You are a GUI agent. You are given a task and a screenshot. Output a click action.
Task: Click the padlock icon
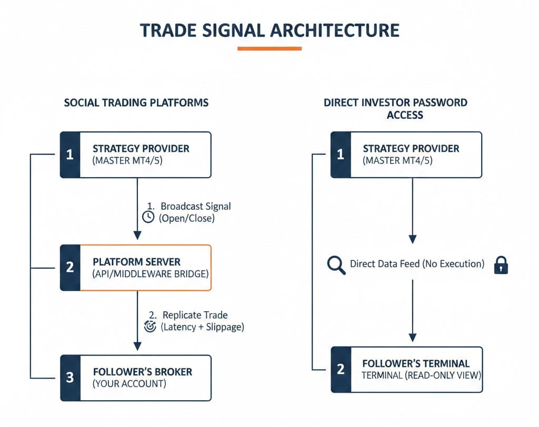coord(501,266)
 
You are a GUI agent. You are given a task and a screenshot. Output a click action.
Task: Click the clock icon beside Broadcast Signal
coord(148,217)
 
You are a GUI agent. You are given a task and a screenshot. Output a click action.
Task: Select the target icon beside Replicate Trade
coord(150,326)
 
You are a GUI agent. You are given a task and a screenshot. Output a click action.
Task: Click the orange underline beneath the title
coord(269,48)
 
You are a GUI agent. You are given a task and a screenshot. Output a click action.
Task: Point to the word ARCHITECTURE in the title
coord(334,29)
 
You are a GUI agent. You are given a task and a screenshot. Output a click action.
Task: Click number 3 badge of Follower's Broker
coord(70,378)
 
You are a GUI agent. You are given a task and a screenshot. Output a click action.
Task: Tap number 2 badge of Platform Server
coord(70,268)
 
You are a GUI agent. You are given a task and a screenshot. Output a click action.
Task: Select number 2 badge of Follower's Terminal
coord(340,369)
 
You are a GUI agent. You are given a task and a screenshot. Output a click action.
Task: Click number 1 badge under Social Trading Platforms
coord(70,155)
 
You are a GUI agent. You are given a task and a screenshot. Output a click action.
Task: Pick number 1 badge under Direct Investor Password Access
coord(340,155)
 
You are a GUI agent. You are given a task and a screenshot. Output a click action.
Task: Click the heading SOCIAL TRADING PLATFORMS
coord(136,103)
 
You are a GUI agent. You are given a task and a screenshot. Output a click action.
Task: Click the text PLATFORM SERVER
coord(136,261)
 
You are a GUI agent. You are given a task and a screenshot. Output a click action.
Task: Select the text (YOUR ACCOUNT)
coord(129,384)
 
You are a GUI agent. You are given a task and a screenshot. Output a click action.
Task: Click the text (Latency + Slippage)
coord(202,327)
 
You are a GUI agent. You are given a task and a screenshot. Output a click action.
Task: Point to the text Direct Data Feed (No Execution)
coord(417,264)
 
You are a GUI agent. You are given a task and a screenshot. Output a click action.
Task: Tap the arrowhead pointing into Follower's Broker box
coord(137,346)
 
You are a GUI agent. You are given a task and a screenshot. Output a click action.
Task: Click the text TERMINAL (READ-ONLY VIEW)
coord(421,375)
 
